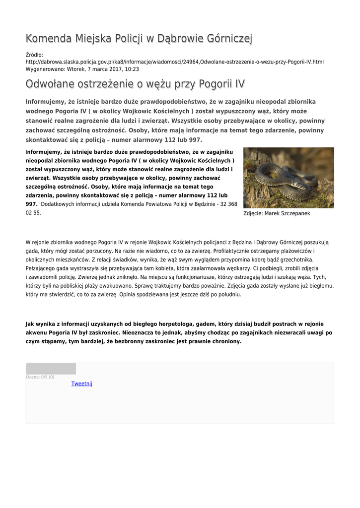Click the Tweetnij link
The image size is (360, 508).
[81, 383]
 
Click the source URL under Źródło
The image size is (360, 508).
[174, 62]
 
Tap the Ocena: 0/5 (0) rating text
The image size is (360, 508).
[40, 377]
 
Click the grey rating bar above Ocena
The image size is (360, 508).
[51, 369]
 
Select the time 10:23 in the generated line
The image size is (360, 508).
[132, 69]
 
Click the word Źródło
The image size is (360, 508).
[35, 55]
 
